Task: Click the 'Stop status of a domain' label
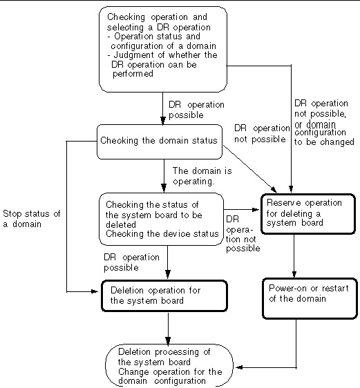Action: click(x=32, y=219)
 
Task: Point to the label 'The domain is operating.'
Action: click(x=202, y=176)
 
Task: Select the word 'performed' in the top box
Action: click(x=133, y=74)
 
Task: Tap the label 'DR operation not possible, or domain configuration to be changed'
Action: click(x=324, y=122)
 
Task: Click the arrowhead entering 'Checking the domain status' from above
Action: click(x=162, y=121)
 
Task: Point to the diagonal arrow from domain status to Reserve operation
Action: click(x=249, y=168)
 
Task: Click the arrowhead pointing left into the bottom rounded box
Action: click(x=238, y=367)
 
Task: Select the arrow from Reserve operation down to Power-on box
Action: click(x=294, y=256)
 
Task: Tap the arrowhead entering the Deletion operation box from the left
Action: click(x=95, y=291)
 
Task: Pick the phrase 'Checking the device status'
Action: click(x=162, y=234)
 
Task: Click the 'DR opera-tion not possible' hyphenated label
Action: click(x=243, y=234)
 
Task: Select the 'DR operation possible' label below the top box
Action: click(x=196, y=110)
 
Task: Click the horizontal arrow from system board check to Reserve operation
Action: click(x=241, y=210)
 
